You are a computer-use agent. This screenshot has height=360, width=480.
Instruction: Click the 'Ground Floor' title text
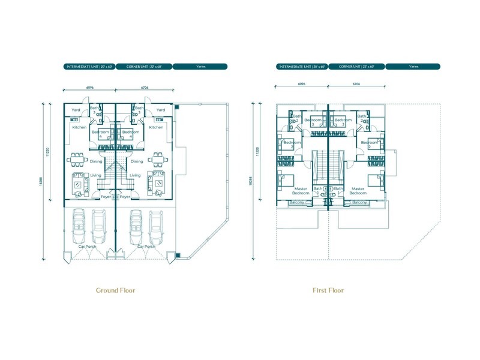coord(116,290)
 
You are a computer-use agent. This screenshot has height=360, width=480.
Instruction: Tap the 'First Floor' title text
coord(328,290)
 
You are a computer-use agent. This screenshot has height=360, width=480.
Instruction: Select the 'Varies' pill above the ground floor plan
coord(200,67)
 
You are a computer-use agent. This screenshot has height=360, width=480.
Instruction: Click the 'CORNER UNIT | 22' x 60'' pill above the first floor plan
coord(356,67)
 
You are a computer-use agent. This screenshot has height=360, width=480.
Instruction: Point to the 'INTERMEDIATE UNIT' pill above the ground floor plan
coord(89,67)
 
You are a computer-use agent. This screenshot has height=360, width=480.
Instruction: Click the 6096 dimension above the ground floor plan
coord(90,88)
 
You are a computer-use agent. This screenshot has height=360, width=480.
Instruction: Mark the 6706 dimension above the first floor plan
coord(356,85)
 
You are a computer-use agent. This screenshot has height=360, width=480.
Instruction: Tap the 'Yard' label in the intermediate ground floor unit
coord(76,110)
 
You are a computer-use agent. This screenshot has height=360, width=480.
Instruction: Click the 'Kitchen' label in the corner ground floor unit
coord(156,127)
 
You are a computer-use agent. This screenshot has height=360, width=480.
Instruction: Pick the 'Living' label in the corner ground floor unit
coord(136,175)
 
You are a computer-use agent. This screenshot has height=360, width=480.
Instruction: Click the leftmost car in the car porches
coord(78,226)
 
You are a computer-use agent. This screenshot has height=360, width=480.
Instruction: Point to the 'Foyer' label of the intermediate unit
coord(106,197)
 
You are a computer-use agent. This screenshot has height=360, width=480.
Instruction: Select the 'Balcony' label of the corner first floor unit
coord(359,203)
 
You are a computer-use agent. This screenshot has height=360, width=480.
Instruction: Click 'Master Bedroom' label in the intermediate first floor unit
coord(300,191)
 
